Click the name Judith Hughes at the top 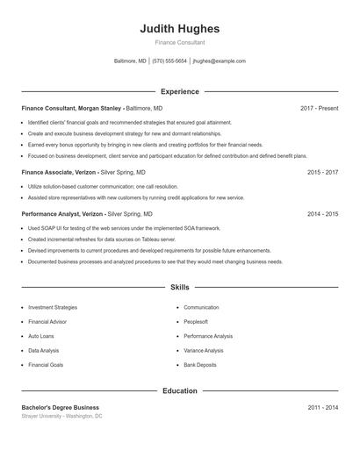pos(179,29)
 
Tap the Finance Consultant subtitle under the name pos(179,42)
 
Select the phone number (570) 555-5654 pos(169,61)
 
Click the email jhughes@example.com pos(219,61)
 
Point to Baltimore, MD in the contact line pos(131,61)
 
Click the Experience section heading pos(179,91)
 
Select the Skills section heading pos(179,287)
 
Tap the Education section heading pos(179,390)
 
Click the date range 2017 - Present pos(319,108)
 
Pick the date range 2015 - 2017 pos(322,173)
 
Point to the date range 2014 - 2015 pos(322,213)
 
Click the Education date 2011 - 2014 pos(322,407)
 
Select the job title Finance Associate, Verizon pos(58,173)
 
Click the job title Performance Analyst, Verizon pos(62,213)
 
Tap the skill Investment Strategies pos(53,308)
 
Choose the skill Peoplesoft pos(196,322)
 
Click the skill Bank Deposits pos(201,364)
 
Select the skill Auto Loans pos(41,336)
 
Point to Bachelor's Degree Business pos(61,407)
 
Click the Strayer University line pos(62,416)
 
